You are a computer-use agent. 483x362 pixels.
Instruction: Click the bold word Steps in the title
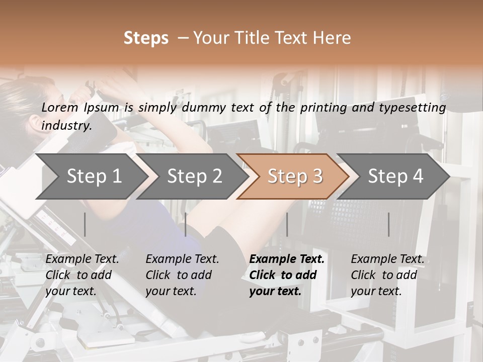point(146,38)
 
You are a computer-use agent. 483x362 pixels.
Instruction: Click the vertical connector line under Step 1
point(85,224)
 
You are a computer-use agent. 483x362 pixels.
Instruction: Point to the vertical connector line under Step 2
point(186,224)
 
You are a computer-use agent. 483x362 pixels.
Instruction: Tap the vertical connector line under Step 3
point(287,224)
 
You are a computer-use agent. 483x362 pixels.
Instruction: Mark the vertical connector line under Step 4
point(388,224)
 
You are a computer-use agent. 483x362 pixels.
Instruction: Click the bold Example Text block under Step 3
point(287,275)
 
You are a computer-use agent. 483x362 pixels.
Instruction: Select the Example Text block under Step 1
point(82,275)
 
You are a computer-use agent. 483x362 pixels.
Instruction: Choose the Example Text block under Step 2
point(182,275)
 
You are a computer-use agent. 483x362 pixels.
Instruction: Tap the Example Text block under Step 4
point(387,275)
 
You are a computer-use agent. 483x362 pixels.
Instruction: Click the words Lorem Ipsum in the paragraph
point(80,108)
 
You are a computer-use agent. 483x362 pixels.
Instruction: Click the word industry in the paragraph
point(66,126)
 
